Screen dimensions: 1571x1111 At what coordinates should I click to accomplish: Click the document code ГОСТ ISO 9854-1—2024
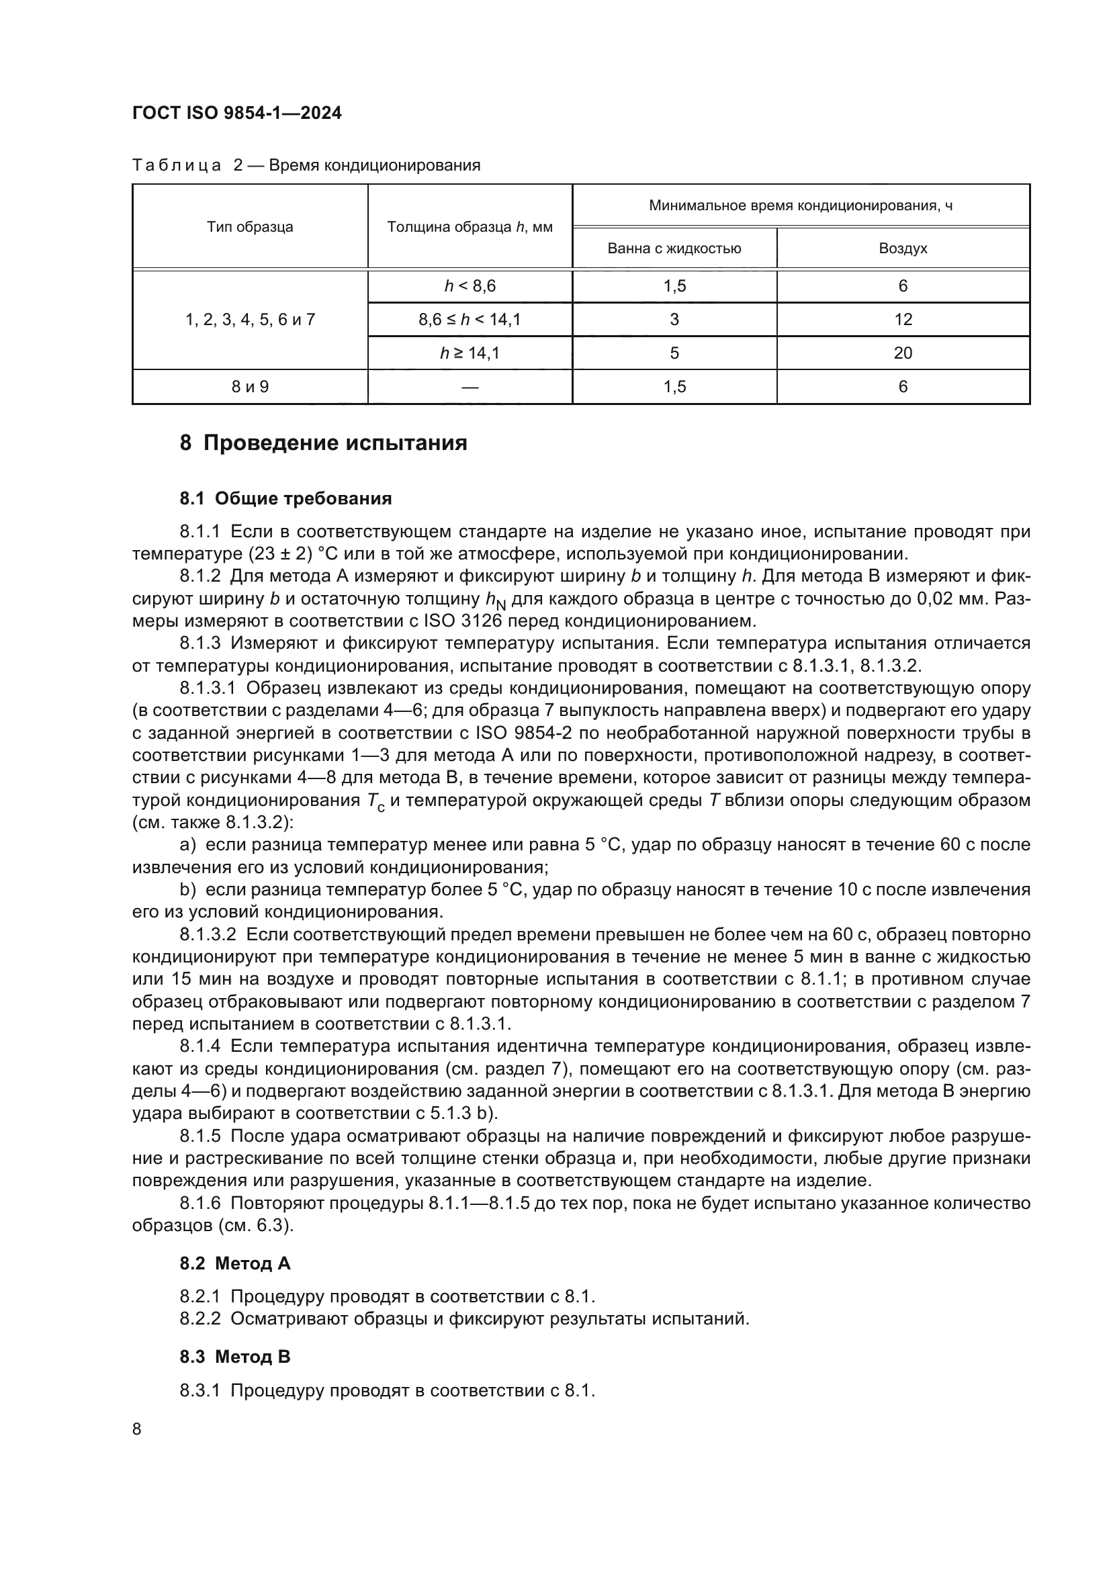(236, 113)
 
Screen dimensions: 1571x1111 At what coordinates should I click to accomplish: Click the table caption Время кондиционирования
(374, 166)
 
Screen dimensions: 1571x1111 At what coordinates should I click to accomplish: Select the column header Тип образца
(250, 227)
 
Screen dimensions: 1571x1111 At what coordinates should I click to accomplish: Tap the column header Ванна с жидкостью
(674, 249)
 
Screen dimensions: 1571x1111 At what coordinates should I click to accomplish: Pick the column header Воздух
(902, 249)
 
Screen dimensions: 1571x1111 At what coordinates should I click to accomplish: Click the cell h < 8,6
(470, 286)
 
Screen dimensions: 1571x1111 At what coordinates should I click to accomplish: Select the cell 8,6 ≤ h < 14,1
(470, 320)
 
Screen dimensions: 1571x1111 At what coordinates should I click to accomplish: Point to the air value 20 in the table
(902, 353)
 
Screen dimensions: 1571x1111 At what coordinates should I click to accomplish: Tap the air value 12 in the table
(902, 320)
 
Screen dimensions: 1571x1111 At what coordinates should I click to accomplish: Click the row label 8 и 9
(250, 388)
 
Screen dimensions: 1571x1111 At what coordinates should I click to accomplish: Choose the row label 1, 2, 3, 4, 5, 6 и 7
(250, 320)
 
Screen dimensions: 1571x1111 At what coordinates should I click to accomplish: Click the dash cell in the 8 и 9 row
(470, 388)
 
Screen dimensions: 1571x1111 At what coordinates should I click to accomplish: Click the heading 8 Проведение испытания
(323, 443)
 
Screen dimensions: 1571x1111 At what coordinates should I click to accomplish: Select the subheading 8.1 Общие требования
(285, 499)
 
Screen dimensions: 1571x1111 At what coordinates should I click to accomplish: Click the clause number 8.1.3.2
(208, 935)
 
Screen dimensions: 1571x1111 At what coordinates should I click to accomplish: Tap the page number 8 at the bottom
(137, 1429)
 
